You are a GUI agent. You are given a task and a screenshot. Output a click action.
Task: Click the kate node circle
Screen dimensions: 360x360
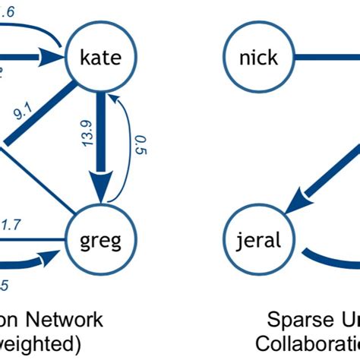[99, 57]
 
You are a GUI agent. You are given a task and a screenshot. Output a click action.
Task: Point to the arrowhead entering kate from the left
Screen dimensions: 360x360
[53, 57]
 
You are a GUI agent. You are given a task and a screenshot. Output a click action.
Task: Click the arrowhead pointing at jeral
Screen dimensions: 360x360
[292, 204]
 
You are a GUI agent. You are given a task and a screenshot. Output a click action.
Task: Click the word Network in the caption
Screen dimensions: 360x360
[68, 319]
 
